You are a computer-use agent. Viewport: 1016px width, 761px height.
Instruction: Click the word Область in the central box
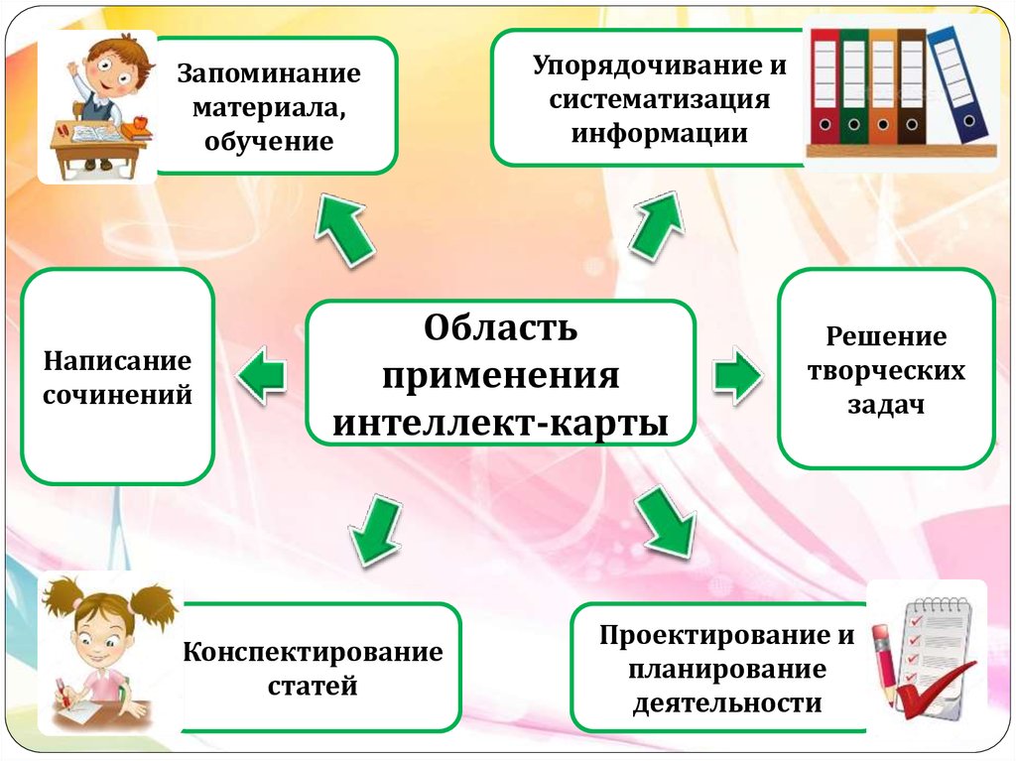click(x=500, y=328)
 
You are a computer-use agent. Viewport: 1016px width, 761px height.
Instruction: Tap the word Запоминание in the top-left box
click(x=269, y=74)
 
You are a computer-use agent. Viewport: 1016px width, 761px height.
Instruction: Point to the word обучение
click(x=269, y=141)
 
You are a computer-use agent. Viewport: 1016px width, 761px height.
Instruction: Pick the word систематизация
click(x=659, y=99)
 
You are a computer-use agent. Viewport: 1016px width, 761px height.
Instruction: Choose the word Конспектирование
click(x=313, y=652)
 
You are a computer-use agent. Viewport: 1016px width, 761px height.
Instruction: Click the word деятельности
click(x=727, y=703)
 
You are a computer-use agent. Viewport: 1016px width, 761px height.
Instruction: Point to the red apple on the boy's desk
click(x=140, y=122)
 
